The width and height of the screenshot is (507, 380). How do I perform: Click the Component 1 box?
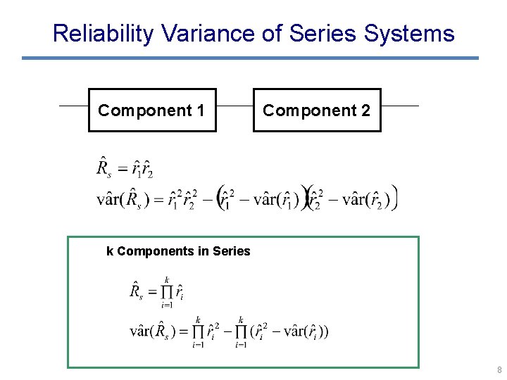151,110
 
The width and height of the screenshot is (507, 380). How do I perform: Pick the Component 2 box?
316,110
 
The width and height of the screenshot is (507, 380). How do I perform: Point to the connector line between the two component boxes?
234,106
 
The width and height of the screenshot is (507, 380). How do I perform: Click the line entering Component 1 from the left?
73,106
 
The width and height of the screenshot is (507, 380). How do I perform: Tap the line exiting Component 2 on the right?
399,106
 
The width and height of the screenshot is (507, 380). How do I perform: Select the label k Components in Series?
178,251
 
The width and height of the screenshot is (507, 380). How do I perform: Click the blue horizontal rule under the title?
250,58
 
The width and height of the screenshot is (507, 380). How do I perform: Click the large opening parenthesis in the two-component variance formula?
220,197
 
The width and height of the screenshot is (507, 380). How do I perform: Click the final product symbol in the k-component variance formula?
242,331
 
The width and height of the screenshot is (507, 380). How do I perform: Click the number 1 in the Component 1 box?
201,110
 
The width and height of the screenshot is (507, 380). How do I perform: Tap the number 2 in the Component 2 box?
365,110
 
